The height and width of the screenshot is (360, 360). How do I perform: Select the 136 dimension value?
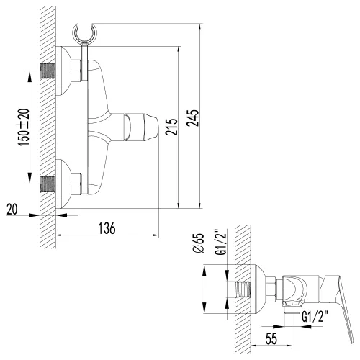106,229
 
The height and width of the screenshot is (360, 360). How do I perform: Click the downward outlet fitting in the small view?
292,311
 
